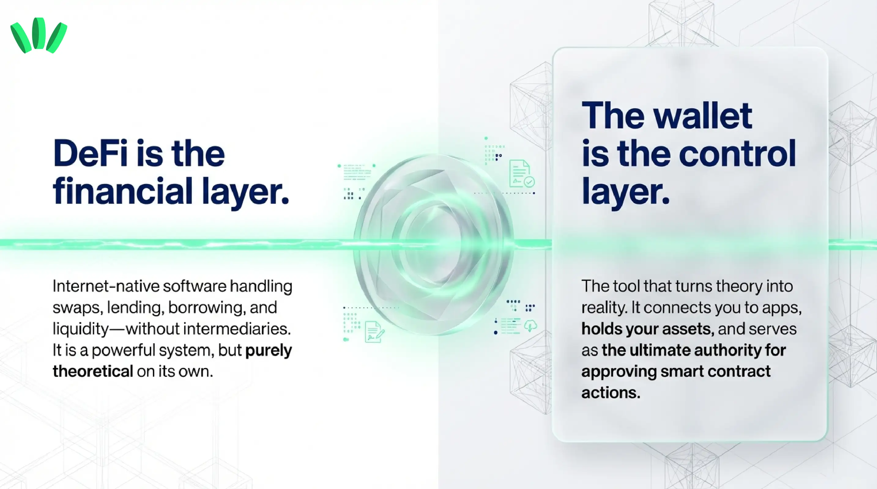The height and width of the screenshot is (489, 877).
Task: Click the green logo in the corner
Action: [x=39, y=35]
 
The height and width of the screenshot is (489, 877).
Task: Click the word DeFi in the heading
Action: [x=90, y=154]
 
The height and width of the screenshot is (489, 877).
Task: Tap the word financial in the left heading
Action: [x=123, y=191]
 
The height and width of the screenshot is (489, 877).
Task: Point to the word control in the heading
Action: [x=737, y=154]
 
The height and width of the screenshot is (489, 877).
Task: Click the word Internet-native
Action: [x=106, y=286]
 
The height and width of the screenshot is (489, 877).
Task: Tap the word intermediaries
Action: [x=237, y=329]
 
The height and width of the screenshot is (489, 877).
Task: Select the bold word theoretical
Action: [x=93, y=371]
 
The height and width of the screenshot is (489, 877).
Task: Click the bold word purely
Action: [x=268, y=350]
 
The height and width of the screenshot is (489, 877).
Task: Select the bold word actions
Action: [x=611, y=393]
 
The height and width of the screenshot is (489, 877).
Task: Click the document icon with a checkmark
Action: [x=521, y=174]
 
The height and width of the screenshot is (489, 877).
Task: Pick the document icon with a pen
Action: [x=374, y=332]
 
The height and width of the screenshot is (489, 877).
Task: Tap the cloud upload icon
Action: [x=530, y=325]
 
